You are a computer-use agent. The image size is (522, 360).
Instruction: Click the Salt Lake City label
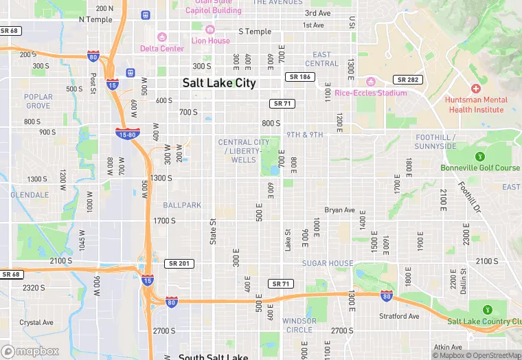point(219,83)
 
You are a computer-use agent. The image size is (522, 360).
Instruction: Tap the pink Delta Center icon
point(162,37)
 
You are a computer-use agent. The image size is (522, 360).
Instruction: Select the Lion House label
point(210,41)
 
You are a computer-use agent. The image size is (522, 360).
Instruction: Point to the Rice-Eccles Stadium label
point(371,93)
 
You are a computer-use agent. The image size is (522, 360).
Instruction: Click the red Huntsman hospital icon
point(475,89)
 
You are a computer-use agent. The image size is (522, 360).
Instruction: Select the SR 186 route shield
point(300,77)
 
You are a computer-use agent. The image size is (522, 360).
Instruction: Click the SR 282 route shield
point(406,80)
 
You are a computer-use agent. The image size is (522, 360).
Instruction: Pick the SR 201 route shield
point(179,264)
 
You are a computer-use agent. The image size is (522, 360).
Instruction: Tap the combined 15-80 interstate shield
point(128,134)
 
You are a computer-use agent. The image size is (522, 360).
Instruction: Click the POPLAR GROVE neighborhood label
point(38,102)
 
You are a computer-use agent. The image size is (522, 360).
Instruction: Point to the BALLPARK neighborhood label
point(182,205)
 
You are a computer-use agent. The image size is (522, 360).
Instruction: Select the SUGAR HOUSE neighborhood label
point(328,263)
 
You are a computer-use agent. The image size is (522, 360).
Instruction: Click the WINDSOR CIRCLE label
point(299,325)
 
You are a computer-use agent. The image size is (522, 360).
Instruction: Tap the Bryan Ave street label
point(339,210)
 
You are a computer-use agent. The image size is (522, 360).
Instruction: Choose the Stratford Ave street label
point(399,317)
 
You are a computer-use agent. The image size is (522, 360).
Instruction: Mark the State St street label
point(213,232)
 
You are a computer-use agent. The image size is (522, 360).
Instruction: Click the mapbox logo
point(30,351)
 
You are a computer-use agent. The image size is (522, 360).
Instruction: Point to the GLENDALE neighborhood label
point(29,194)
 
